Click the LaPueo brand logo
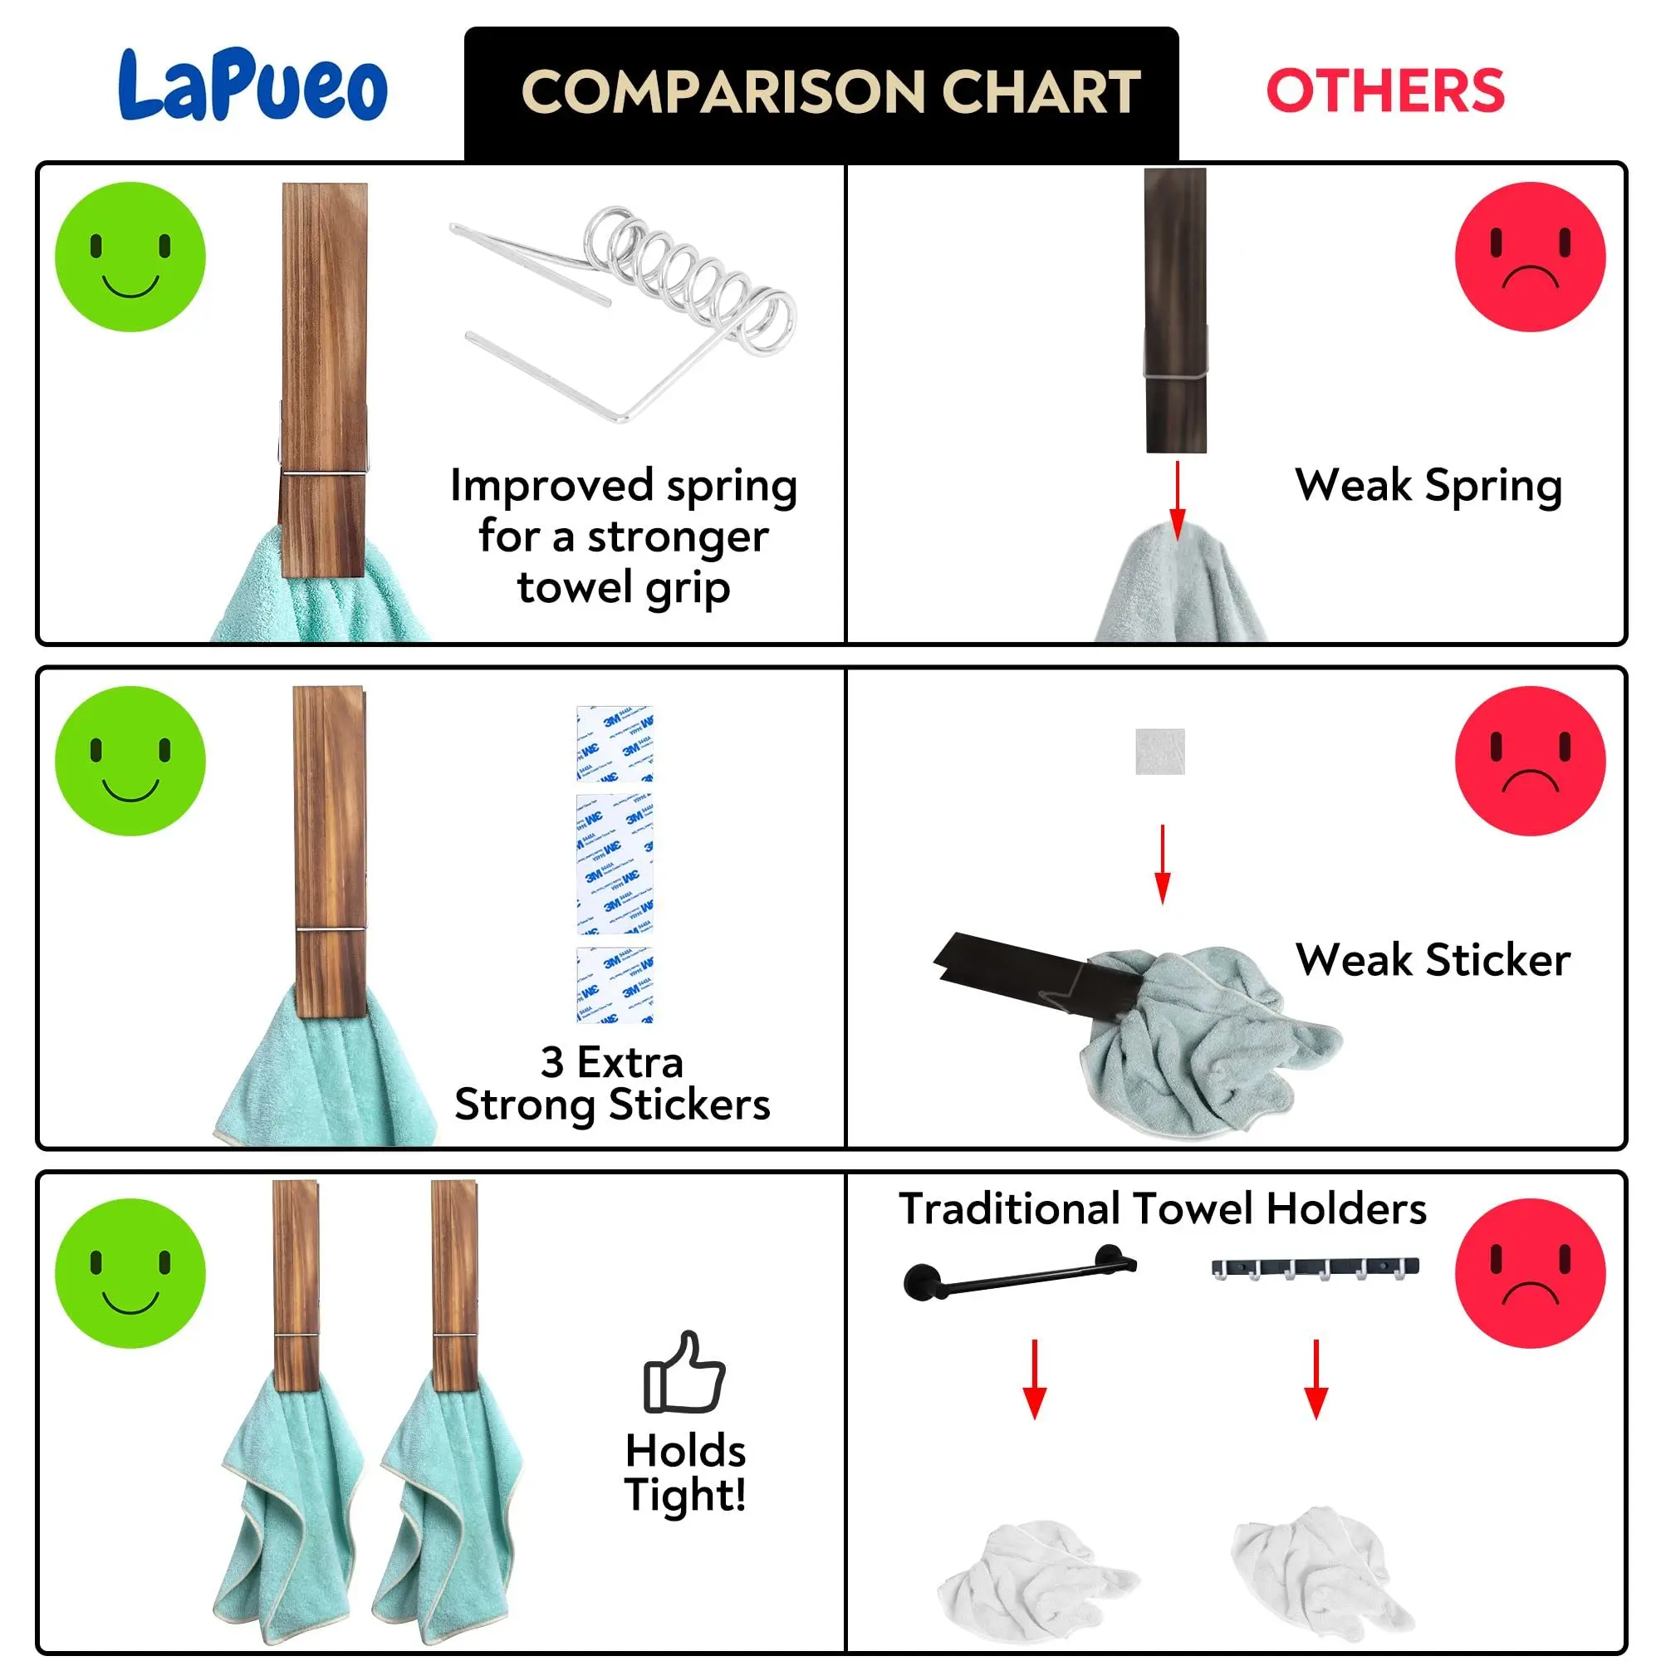[252, 86]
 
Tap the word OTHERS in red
[1384, 91]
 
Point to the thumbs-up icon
[684, 1372]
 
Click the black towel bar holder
[1020, 1272]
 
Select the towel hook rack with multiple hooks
[1315, 1268]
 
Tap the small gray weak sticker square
[1159, 752]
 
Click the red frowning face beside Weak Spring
[1530, 256]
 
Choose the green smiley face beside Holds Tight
[130, 1273]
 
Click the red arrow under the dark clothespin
[1177, 499]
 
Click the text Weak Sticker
[1433, 959]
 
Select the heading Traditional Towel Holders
[1163, 1208]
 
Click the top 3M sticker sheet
[615, 742]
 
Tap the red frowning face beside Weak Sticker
[1530, 761]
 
